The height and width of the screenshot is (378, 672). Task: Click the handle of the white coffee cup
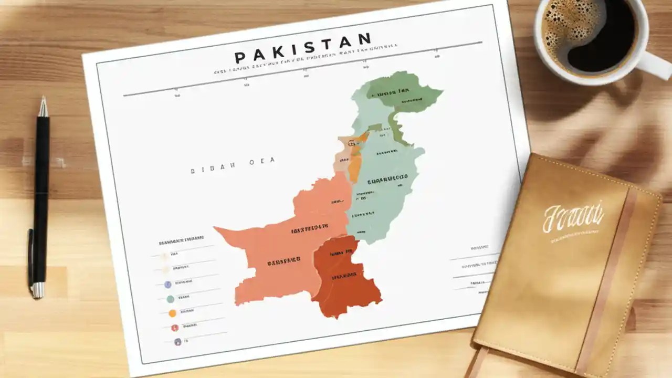coord(656,65)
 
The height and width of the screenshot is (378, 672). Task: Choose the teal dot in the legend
coord(170,299)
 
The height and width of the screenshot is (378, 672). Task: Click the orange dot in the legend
coord(172,313)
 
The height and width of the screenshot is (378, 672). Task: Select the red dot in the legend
coord(174,328)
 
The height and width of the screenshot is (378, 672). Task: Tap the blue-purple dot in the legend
coord(167,285)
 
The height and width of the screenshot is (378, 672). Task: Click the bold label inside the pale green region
coord(388,181)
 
